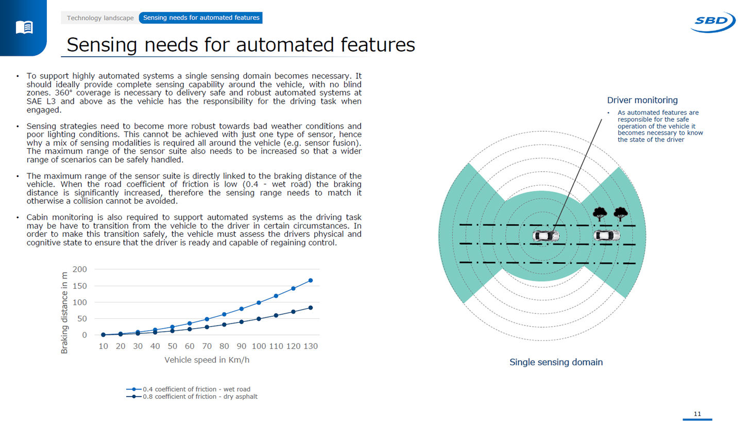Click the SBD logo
[713, 22]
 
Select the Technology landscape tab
[100, 18]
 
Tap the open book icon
[24, 27]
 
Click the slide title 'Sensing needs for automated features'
[241, 45]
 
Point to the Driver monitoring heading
[642, 100]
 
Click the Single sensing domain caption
[556, 362]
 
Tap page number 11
[698, 414]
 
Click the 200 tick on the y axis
[80, 269]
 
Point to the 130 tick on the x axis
[310, 346]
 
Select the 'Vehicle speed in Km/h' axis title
[207, 360]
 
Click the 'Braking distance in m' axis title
[64, 314]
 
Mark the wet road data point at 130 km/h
[310, 281]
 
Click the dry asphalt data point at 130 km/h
[310, 308]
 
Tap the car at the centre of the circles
[545, 236]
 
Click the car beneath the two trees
[607, 235]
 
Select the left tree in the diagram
[600, 213]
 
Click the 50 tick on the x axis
[172, 346]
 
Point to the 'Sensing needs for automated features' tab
[201, 18]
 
